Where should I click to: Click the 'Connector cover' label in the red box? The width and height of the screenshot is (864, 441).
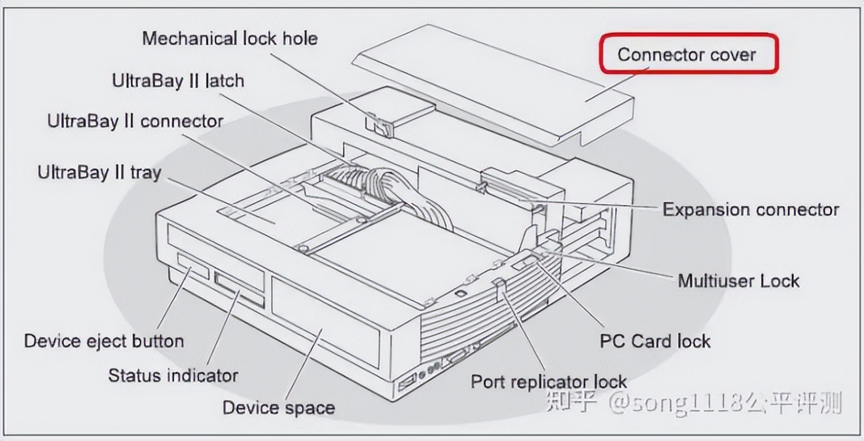coord(687,54)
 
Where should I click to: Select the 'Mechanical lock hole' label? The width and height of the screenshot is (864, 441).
coord(230,38)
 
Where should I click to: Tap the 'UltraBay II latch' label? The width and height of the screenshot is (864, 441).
coord(178,81)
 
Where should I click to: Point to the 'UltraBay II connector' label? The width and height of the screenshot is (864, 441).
coord(135,121)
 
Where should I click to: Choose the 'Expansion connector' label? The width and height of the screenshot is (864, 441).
coord(751,209)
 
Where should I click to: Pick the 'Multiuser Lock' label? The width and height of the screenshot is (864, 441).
coord(738,281)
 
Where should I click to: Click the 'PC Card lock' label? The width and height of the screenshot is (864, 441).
coord(655,341)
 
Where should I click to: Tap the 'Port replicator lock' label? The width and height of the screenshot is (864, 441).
coord(549,381)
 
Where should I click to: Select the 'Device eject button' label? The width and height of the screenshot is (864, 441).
coord(104,341)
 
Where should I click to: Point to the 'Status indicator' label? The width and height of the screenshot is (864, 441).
coord(173,375)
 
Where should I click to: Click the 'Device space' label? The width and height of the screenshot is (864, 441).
coord(279,408)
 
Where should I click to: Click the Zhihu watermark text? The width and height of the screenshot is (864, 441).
coord(694,402)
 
